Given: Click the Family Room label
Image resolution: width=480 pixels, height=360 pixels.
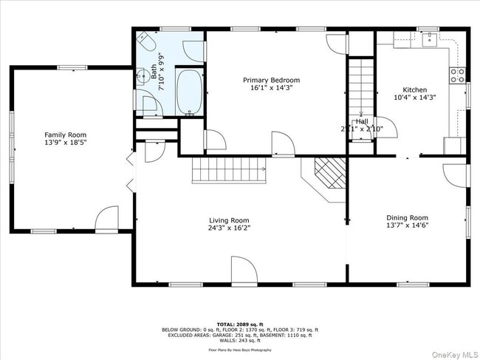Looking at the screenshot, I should pos(67,135).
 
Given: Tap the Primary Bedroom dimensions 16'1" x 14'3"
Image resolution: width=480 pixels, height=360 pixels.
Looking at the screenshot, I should pos(272,89).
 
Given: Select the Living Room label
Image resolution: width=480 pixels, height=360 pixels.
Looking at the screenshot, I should pos(228,220).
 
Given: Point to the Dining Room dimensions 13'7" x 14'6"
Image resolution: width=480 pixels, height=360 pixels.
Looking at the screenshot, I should pos(407,227).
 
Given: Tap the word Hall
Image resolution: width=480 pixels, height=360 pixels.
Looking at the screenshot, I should pos(362,120).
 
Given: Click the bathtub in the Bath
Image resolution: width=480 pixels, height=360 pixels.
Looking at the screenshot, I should pos(191,93).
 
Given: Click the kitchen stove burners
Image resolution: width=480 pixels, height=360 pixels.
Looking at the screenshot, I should pos(457,74).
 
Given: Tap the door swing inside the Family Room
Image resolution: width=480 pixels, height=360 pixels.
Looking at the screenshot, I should pos(107,217).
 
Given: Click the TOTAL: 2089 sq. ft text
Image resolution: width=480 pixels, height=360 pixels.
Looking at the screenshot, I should pos(239,324).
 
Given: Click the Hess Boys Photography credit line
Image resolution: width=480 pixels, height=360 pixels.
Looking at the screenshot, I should pos(239,348).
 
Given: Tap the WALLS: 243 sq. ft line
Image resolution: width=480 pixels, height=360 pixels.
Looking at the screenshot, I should pos(239,340).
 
